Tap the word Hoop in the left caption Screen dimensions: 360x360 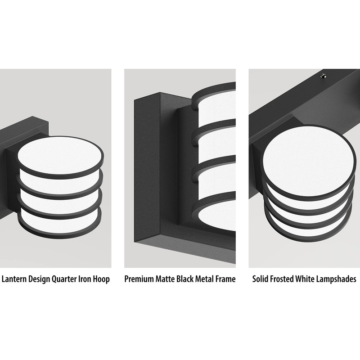(x=101, y=279)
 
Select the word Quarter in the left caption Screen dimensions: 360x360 (x=64, y=279)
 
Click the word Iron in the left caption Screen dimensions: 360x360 (x=85, y=279)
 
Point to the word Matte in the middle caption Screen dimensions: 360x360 (x=165, y=279)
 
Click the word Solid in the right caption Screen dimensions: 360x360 (x=261, y=279)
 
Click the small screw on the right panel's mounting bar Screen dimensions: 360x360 (x=324, y=76)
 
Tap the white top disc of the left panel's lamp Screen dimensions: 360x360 (x=60, y=155)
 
